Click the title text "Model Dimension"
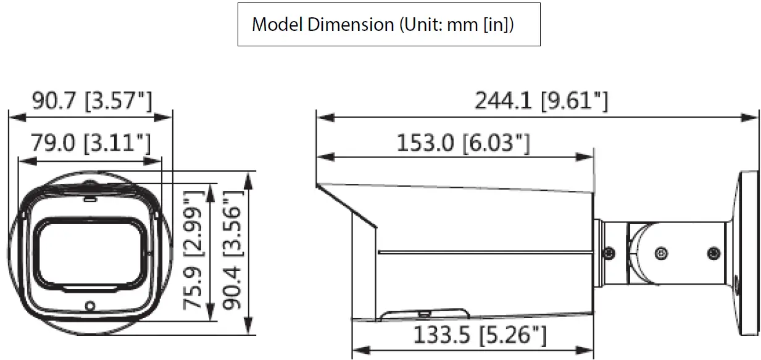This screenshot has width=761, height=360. tap(323, 25)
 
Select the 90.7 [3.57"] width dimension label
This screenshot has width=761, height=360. tap(91, 101)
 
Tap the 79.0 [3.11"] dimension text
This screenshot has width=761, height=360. tap(91, 144)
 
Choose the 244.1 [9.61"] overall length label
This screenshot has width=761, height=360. tap(541, 101)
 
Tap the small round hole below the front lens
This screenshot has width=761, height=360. tap(90, 305)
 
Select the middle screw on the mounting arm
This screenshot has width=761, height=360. tap(662, 253)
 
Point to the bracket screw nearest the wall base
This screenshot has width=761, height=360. tap(713, 253)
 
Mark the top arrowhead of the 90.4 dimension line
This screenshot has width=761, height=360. tap(248, 178)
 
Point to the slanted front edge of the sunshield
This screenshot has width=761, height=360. tap(346, 206)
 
